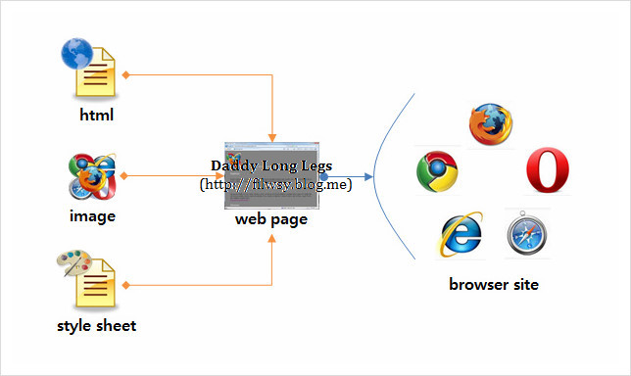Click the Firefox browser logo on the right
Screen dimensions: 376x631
click(490, 122)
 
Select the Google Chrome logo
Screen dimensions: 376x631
click(438, 172)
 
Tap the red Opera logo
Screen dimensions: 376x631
click(548, 171)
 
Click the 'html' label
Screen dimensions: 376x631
click(97, 115)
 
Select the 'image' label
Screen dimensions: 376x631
click(93, 216)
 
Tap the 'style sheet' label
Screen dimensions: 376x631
click(96, 325)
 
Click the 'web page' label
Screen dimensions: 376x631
click(271, 219)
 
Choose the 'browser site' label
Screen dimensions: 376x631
click(494, 285)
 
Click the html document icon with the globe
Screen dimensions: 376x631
click(90, 69)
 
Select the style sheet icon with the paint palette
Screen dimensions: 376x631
click(91, 278)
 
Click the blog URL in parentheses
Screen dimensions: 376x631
click(275, 184)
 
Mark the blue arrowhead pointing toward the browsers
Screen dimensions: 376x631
click(368, 177)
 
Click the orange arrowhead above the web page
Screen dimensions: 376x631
click(272, 136)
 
